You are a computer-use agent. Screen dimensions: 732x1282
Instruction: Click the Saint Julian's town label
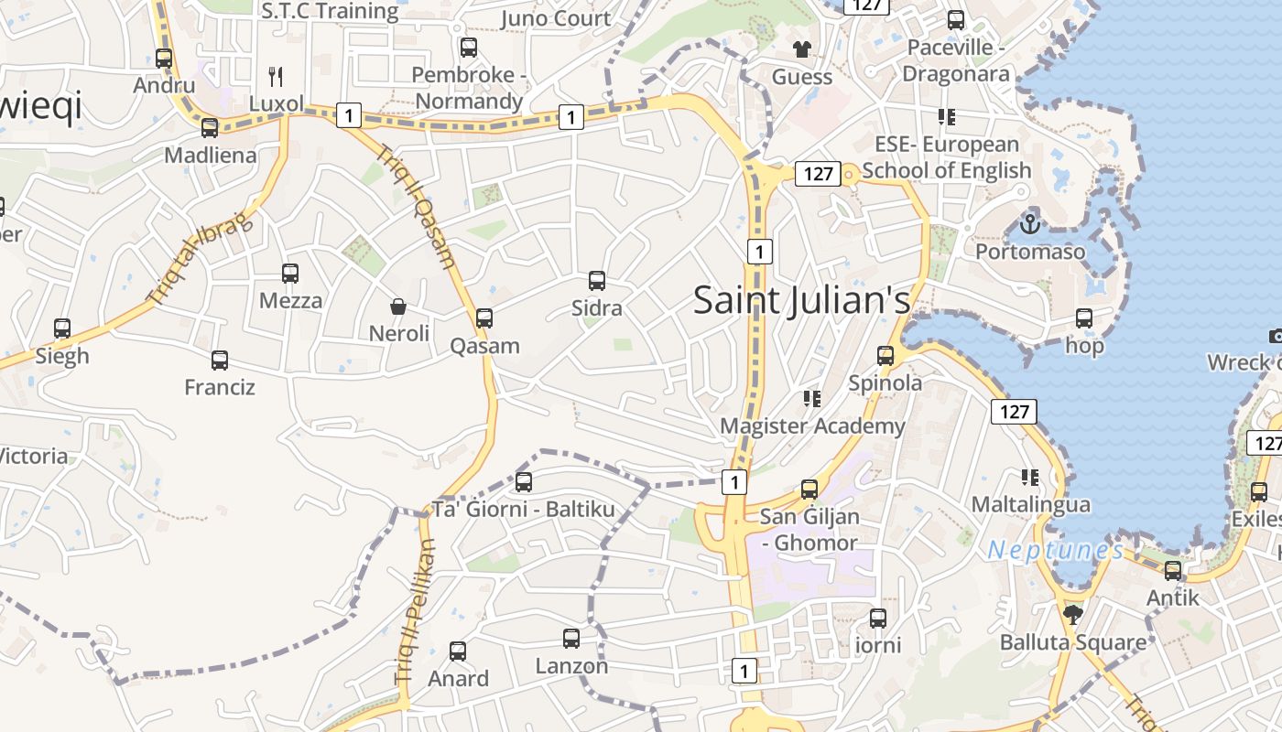[801, 300]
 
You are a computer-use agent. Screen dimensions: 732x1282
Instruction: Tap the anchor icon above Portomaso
[1030, 222]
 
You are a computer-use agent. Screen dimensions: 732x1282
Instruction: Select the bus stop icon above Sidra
[597, 281]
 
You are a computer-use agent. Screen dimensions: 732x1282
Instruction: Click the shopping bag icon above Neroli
[398, 307]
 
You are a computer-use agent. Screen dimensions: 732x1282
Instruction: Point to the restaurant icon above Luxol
[276, 76]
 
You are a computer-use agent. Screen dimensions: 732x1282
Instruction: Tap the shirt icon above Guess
[802, 49]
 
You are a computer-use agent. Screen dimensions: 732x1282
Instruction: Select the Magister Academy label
[812, 425]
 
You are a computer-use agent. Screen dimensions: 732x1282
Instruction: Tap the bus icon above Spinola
[885, 356]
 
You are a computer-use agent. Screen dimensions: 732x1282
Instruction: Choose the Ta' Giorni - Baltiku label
[524, 509]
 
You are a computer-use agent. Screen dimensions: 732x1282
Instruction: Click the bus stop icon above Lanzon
[571, 639]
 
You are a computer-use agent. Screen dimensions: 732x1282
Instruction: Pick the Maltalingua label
[1030, 504]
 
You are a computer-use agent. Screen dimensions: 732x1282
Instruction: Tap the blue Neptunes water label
[1056, 550]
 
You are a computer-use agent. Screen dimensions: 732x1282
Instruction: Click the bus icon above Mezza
[290, 274]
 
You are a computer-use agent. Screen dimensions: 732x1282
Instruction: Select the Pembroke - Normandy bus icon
[468, 48]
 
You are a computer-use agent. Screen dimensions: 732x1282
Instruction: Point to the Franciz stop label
[220, 387]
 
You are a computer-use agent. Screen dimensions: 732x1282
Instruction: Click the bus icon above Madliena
[210, 128]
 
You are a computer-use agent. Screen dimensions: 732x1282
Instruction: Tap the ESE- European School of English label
[947, 157]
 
